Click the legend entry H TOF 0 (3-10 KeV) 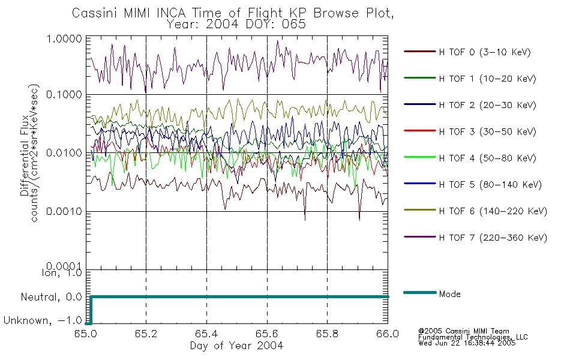pyautogui.click(x=485, y=52)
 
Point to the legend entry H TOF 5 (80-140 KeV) pyautogui.click(x=490, y=185)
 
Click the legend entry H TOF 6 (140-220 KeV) pyautogui.click(x=492, y=211)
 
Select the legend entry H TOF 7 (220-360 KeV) pyautogui.click(x=492, y=238)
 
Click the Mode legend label pyautogui.click(x=449, y=294)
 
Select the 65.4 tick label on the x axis pyautogui.click(x=206, y=335)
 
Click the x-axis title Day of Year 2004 pyautogui.click(x=237, y=346)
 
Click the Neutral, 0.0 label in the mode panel pyautogui.click(x=52, y=297)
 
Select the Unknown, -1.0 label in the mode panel pyautogui.click(x=43, y=321)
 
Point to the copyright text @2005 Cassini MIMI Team pyautogui.click(x=464, y=331)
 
